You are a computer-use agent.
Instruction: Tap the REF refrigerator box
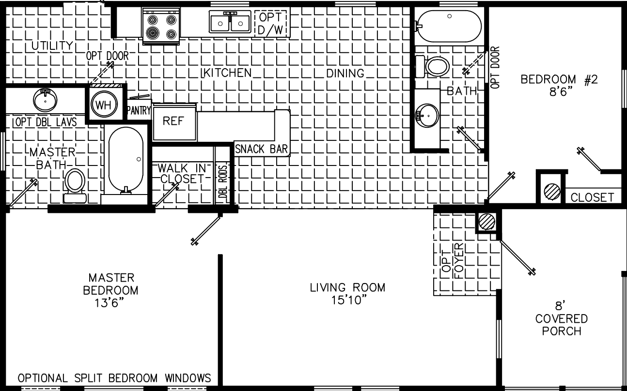(x=173, y=121)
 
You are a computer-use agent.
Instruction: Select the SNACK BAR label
(x=261, y=149)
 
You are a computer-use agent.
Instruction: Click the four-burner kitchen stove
(x=161, y=27)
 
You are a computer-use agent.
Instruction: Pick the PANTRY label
(x=139, y=111)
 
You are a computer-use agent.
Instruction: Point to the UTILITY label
(x=52, y=46)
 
